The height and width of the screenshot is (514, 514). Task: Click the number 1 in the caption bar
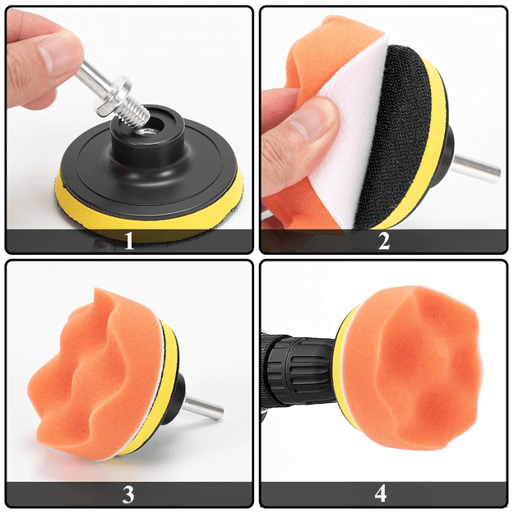click(129, 241)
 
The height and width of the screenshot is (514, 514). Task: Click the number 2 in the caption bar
click(384, 241)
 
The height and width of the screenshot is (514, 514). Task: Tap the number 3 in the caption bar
click(128, 494)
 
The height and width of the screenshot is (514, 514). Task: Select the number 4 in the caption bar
click(381, 493)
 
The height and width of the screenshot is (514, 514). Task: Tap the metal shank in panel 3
click(204, 408)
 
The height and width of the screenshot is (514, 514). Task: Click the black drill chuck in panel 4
click(299, 367)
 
